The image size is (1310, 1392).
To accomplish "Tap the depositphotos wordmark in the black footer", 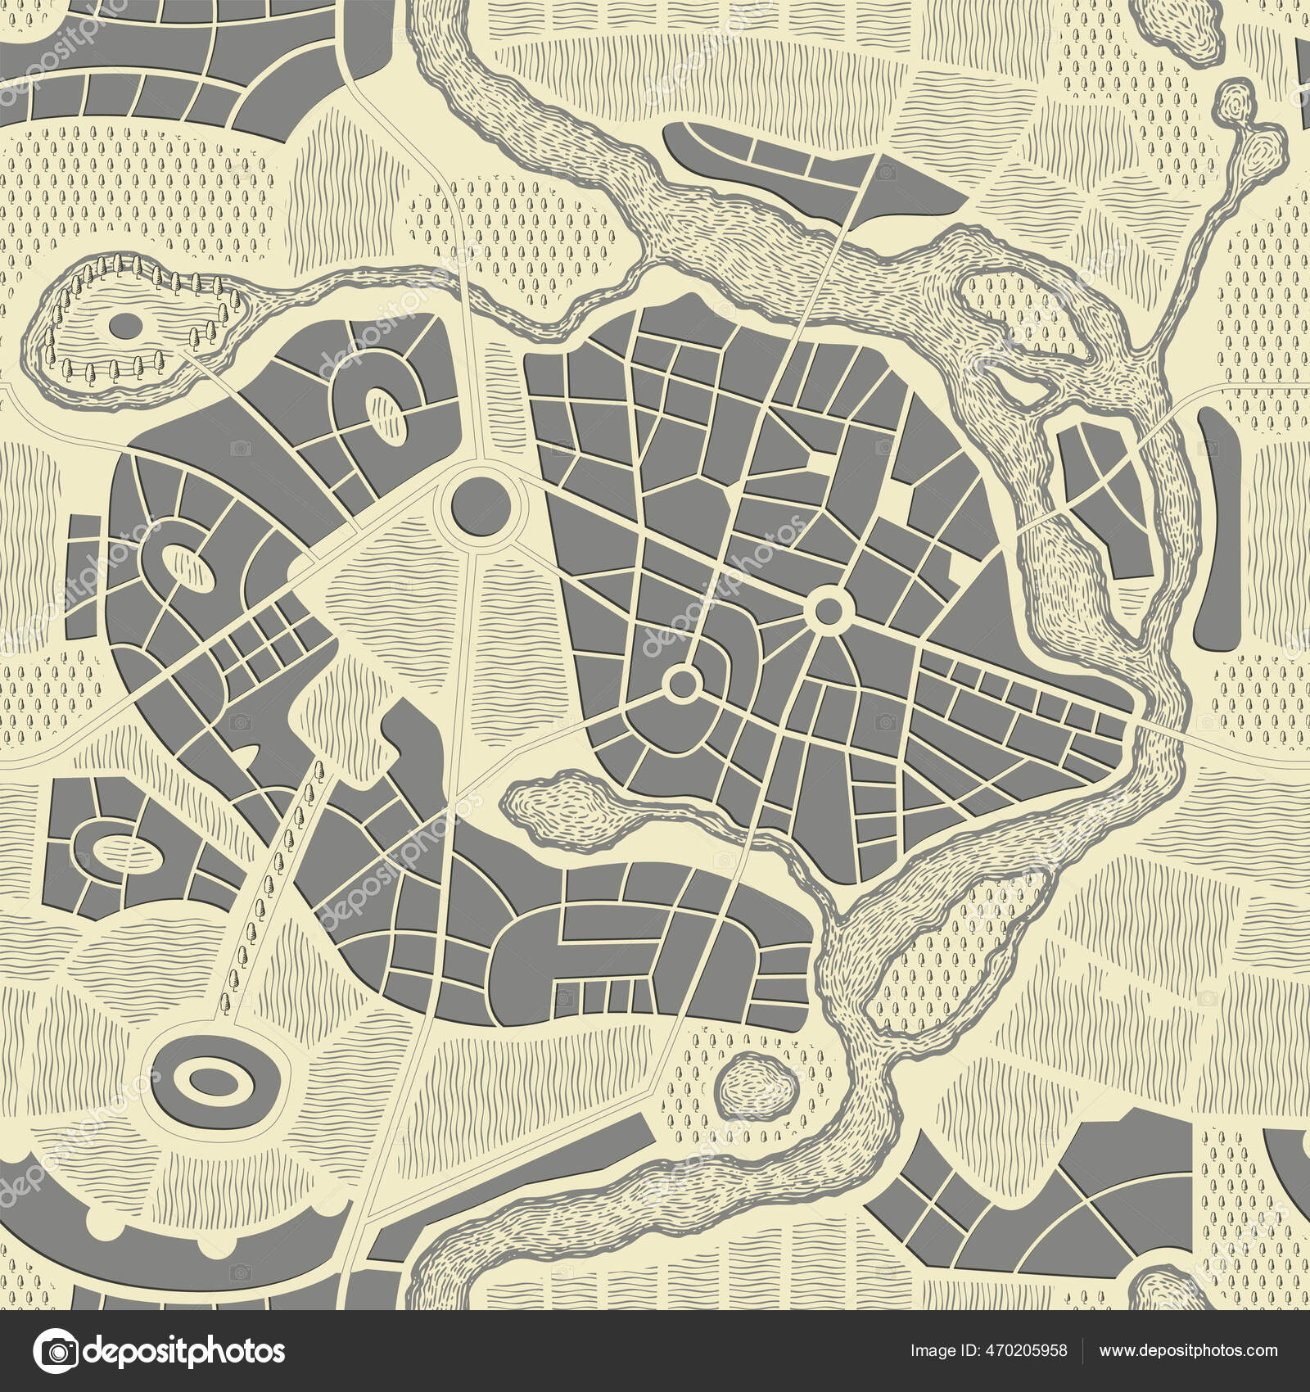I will click(184, 1350).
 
